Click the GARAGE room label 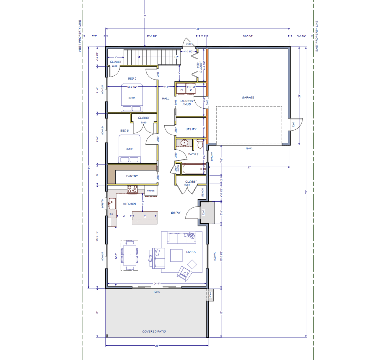(x=248, y=98)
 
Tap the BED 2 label (x=132, y=79)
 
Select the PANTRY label (x=132, y=176)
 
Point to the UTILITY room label (x=191, y=129)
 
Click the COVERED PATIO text (x=154, y=332)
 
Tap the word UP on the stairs (x=176, y=57)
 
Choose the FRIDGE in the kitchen (x=151, y=191)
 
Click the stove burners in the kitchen (x=132, y=189)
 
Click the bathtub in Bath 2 (x=194, y=169)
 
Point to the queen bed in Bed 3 (x=130, y=149)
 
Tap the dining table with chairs (x=130, y=255)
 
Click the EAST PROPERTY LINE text (x=317, y=36)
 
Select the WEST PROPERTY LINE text (x=80, y=36)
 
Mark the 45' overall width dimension (x=198, y=29)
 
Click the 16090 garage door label (x=249, y=148)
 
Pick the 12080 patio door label (x=157, y=292)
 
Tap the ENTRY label (x=176, y=213)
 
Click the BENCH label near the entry (x=202, y=192)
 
